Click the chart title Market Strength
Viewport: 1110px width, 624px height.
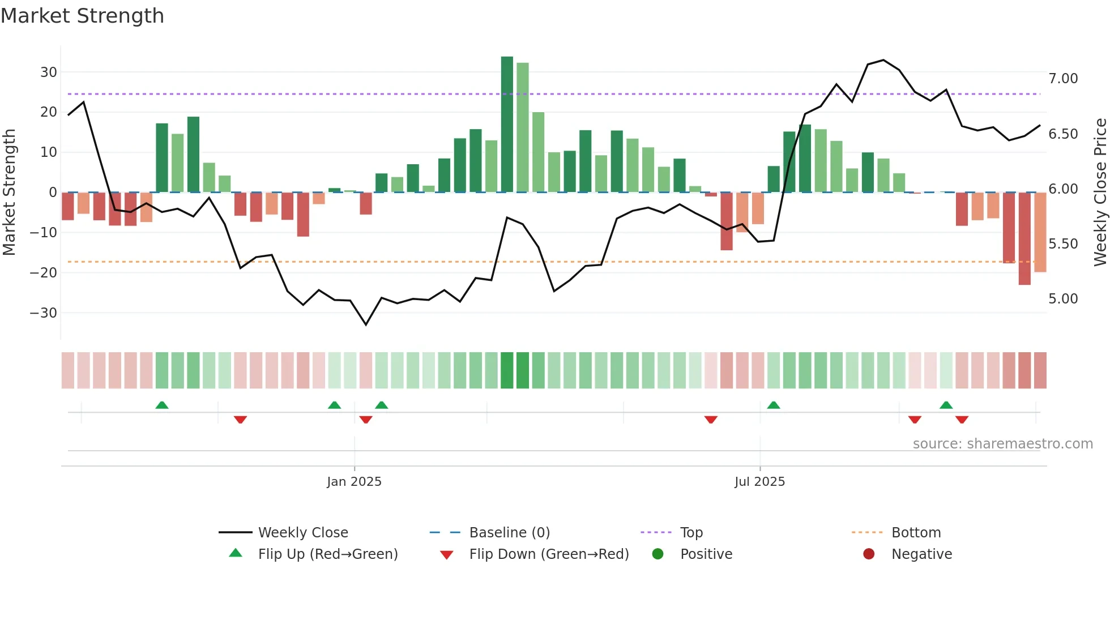(82, 16)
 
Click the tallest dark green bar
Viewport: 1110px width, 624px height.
(507, 125)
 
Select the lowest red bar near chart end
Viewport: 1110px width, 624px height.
(1024, 239)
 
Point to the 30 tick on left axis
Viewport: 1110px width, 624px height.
(49, 72)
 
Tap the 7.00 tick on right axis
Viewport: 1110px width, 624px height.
(1063, 79)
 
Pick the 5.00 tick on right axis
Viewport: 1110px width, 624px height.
(1063, 299)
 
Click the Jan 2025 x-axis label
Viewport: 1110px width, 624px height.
(354, 482)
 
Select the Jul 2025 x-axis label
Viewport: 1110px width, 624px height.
(759, 482)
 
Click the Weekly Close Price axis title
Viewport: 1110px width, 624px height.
(1100, 193)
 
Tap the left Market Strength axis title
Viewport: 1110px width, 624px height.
(9, 193)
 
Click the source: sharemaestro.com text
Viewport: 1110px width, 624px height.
(1002, 444)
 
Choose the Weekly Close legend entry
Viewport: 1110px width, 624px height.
(302, 533)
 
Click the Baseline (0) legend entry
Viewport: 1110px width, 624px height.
(509, 533)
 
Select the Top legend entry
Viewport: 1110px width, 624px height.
(691, 533)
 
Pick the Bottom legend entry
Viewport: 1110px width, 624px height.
(916, 533)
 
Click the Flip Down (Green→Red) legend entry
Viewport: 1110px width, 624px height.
(548, 554)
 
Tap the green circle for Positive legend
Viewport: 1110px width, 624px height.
(658, 554)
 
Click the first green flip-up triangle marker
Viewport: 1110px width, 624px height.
(162, 405)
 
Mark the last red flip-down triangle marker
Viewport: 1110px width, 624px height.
(962, 420)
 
